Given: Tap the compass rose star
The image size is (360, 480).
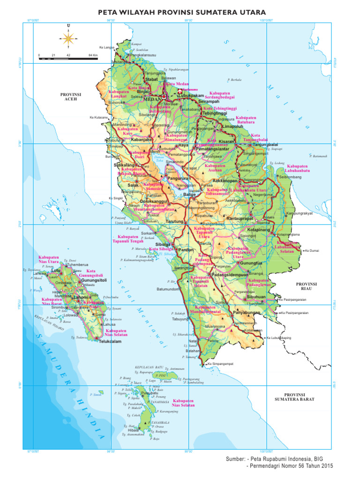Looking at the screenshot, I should click(x=68, y=37).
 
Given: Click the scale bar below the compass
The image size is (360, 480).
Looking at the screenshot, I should click(x=68, y=59).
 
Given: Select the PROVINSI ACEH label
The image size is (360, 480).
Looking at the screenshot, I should click(x=71, y=97).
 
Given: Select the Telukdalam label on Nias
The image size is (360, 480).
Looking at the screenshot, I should click(x=110, y=342).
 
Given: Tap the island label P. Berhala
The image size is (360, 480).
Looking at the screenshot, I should click(x=234, y=80).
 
